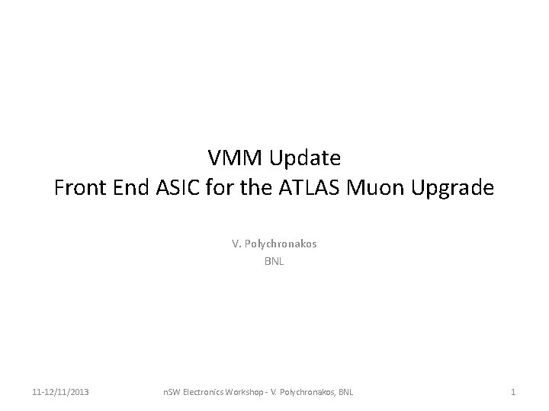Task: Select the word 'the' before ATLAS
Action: pos(258,186)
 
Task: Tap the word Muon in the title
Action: pos(370,186)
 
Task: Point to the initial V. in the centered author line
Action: pos(236,244)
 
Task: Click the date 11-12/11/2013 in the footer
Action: pos(60,392)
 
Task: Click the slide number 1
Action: pos(513,392)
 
